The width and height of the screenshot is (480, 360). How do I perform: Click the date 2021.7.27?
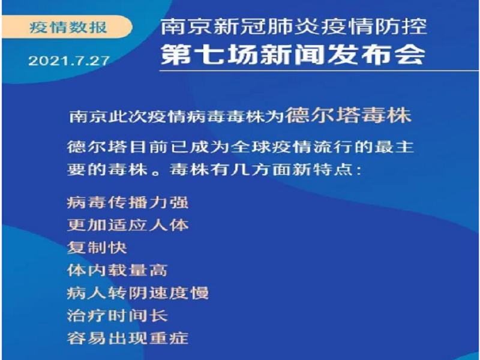[x=69, y=61]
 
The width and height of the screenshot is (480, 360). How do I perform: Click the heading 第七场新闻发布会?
[x=293, y=55]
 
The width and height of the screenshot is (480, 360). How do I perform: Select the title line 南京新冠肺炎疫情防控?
[x=294, y=27]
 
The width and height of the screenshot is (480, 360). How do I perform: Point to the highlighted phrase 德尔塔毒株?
[x=349, y=115]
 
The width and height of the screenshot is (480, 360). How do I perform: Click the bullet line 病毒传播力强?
[x=128, y=202]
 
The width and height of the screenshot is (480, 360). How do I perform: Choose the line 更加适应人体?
[x=128, y=225]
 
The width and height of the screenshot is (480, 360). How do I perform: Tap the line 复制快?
[x=97, y=248]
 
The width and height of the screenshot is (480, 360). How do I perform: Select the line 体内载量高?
[x=118, y=271]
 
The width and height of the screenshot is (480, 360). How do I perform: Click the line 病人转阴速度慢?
[x=138, y=293]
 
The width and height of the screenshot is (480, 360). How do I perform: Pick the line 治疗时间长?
[x=118, y=316]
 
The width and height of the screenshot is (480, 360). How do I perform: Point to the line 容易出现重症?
[x=128, y=338]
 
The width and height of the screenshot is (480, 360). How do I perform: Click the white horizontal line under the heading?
[x=319, y=71]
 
